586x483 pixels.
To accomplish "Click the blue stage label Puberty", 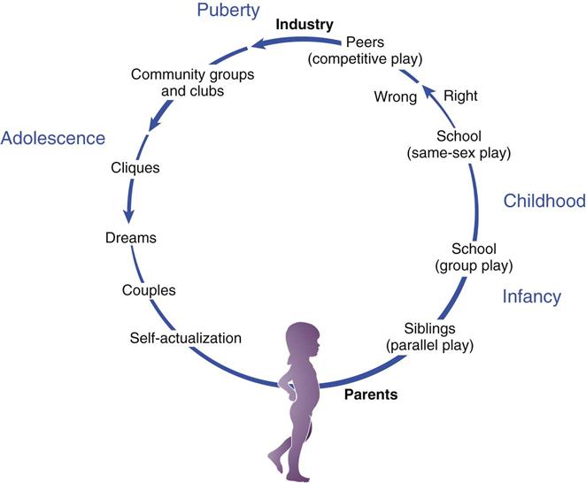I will (227, 11).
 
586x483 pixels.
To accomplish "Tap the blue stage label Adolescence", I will (53, 138).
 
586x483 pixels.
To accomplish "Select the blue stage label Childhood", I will (544, 201).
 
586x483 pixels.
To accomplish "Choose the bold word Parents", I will (371, 395).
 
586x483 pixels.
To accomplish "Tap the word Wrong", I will (395, 96).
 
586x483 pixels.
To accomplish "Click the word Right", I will (460, 96).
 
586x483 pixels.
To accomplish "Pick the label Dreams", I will (130, 238).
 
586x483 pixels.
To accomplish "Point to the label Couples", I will (150, 289).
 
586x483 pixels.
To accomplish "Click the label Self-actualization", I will (185, 337).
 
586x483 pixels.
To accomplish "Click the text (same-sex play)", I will (460, 152).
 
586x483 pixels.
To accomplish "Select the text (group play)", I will (474, 264).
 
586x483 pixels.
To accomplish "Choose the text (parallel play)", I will (430, 344).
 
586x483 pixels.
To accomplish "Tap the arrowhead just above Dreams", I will (131, 215).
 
